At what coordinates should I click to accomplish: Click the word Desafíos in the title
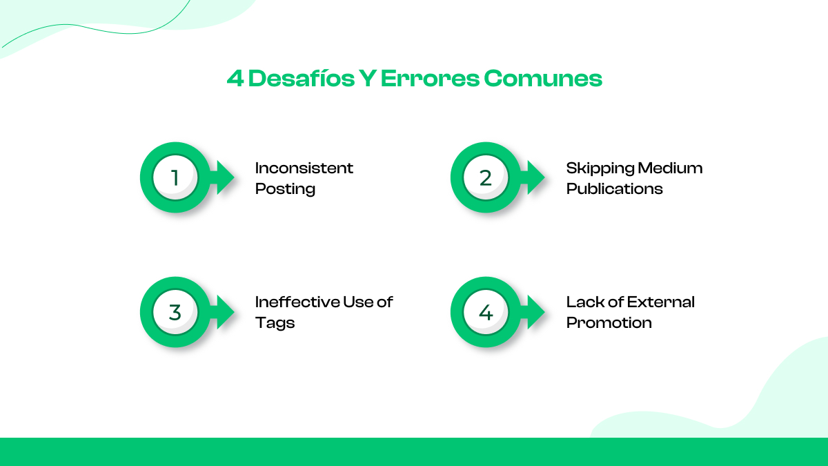pos(302,79)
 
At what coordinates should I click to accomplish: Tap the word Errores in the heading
pos(430,79)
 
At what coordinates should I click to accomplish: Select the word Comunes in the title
pos(543,79)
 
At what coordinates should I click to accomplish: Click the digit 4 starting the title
pos(235,79)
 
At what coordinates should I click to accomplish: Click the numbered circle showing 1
pos(175,177)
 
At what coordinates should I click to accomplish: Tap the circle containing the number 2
pos(486,177)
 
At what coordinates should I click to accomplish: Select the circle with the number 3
pos(175,312)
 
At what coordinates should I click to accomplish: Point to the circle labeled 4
pos(486,312)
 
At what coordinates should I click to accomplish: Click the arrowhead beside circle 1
pos(224,177)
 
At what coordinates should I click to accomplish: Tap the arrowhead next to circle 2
pos(535,177)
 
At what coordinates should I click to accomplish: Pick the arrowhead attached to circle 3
pos(224,312)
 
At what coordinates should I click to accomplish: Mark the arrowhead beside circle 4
pos(535,312)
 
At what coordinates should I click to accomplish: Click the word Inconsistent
pos(304,168)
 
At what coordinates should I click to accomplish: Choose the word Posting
pos(286,189)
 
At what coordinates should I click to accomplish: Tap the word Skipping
pos(600,168)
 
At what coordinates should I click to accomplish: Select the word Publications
pos(614,188)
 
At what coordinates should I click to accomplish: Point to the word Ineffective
pos(297,302)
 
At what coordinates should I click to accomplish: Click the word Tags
pos(275,323)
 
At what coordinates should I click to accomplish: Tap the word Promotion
pos(609,323)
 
